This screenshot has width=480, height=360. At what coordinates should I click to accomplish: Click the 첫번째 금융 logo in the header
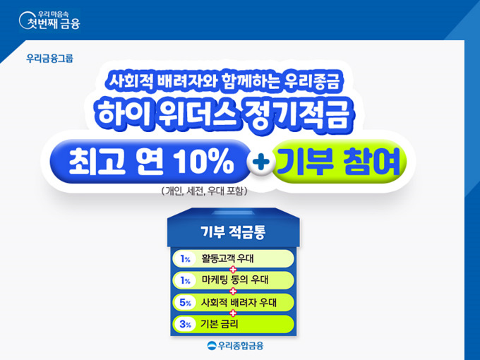pyautogui.click(x=49, y=20)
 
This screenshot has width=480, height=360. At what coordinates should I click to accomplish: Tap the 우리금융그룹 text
pyautogui.click(x=50, y=58)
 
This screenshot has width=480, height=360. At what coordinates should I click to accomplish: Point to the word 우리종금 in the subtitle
pyautogui.click(x=312, y=80)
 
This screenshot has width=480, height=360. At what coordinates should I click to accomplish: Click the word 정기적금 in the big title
pyautogui.click(x=295, y=114)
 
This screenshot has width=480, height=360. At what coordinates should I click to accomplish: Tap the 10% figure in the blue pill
pyautogui.click(x=204, y=162)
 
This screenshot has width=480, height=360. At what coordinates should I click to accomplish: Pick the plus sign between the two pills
pyautogui.click(x=260, y=162)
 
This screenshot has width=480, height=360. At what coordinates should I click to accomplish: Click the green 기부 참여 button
pyautogui.click(x=339, y=162)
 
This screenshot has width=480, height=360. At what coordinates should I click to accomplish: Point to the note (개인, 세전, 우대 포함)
pyautogui.click(x=204, y=191)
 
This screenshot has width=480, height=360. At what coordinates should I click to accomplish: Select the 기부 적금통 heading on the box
pyautogui.click(x=233, y=232)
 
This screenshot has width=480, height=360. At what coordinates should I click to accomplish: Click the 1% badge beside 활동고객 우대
pyautogui.click(x=185, y=259)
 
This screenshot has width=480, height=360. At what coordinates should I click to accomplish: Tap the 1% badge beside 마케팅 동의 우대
pyautogui.click(x=185, y=280)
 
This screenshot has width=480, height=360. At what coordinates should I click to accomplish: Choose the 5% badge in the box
pyautogui.click(x=185, y=302)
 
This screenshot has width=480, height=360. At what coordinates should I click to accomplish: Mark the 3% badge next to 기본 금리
pyautogui.click(x=185, y=324)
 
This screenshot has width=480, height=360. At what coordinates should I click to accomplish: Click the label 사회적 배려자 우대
pyautogui.click(x=239, y=302)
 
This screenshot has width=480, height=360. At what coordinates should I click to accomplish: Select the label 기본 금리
pyautogui.click(x=220, y=324)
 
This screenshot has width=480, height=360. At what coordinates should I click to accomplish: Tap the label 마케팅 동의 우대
pyautogui.click(x=235, y=280)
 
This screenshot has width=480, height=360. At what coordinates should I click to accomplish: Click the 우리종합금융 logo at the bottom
pyautogui.click(x=235, y=346)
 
